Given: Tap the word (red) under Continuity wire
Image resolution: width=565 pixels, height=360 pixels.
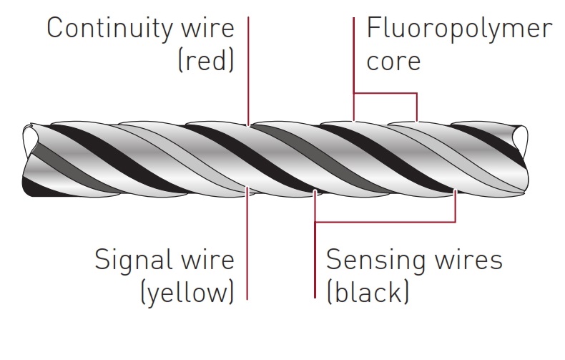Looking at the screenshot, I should (205, 62).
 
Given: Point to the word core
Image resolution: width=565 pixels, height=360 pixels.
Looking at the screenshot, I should (393, 61).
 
